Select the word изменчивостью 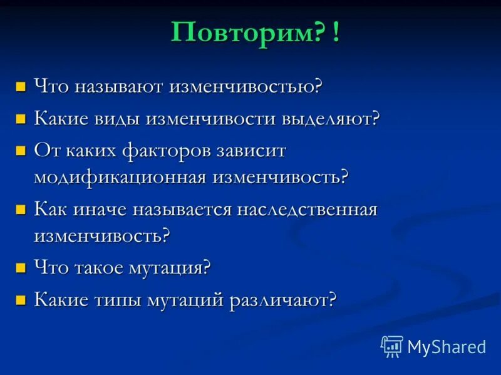click(x=244, y=86)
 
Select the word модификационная click(x=120, y=177)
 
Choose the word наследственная click(x=307, y=209)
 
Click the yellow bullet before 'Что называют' click(x=21, y=86)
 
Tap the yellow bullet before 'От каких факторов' click(x=21, y=151)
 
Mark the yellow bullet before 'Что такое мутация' click(x=21, y=268)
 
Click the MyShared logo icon click(x=392, y=346)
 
